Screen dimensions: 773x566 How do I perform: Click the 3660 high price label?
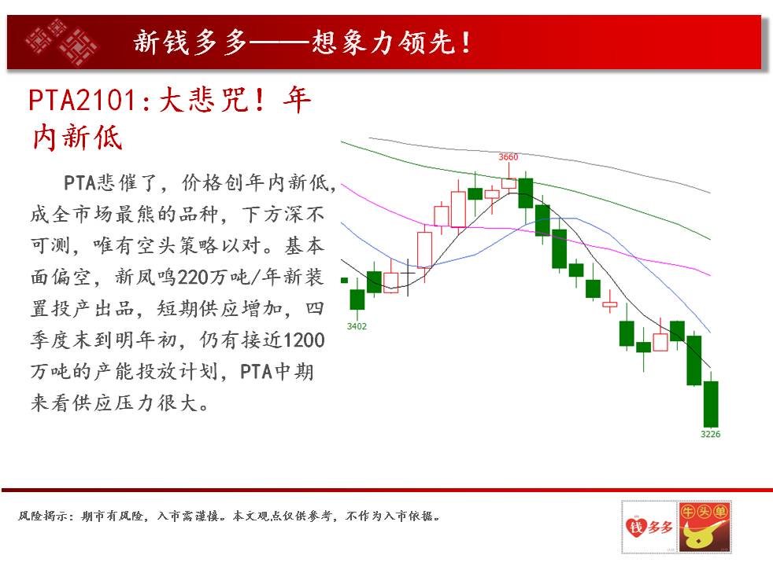[509, 157]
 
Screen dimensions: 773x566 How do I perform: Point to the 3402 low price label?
[357, 326]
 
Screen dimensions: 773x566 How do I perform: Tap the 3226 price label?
[710, 434]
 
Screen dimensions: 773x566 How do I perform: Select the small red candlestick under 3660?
[509, 183]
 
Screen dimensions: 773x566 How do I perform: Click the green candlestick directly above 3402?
[357, 300]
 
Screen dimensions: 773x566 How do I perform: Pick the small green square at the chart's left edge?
[344, 281]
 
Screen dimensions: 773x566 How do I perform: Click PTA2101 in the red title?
[83, 101]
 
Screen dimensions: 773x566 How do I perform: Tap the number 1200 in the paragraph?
[304, 340]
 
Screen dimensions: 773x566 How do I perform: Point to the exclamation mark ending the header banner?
[466, 42]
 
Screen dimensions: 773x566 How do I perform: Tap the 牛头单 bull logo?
[705, 527]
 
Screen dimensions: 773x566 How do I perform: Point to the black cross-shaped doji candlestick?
[409, 277]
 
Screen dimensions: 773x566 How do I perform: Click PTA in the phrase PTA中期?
[257, 372]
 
